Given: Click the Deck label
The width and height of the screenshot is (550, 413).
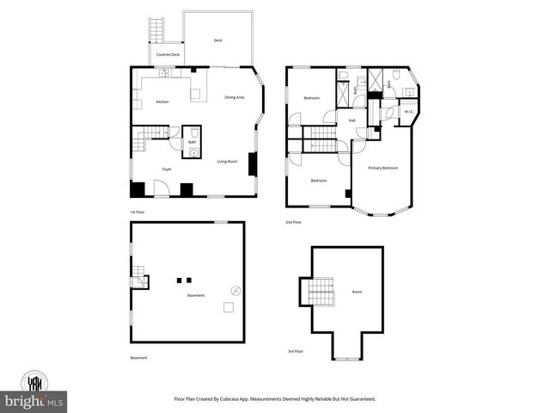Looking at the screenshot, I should click(217, 40).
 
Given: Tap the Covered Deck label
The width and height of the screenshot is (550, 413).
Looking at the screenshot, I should click(168, 54).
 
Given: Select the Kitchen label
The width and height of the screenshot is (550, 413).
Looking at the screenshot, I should click(162, 102).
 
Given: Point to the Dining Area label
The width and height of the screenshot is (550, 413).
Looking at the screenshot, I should click(235, 97).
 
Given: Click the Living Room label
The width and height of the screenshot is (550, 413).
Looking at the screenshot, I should click(227, 162).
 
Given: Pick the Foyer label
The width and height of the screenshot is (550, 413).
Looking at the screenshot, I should click(167, 169).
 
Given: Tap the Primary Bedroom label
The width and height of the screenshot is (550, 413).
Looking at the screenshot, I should click(383, 168).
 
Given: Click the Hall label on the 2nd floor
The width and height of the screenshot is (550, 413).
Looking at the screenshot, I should click(352, 120).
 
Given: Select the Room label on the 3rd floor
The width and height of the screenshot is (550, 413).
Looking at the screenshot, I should click(357, 293).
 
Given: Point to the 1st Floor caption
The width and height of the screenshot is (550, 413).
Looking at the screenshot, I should click(137, 212).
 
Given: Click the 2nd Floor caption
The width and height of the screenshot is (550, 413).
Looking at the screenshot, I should click(294, 222).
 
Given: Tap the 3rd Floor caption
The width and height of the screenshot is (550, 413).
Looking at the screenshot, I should click(296, 352).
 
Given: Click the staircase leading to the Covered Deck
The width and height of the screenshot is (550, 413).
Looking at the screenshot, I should click(156, 29).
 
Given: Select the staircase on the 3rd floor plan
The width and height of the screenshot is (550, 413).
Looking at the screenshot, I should click(320, 291).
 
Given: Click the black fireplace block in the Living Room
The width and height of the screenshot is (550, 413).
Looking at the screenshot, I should click(252, 163).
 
